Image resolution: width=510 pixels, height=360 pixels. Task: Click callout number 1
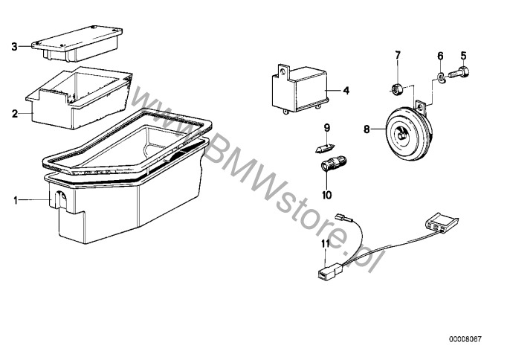tap(15, 199)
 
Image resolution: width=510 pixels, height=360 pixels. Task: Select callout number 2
tap(15, 113)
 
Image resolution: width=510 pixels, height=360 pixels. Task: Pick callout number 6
tap(440, 55)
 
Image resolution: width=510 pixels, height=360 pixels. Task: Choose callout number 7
tap(398, 55)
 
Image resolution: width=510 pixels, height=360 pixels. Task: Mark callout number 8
tap(367, 129)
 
